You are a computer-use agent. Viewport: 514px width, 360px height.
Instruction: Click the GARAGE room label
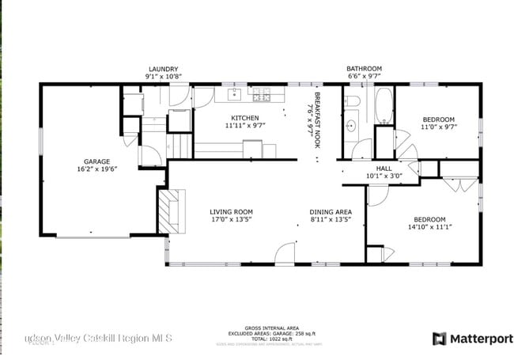[x=97, y=161]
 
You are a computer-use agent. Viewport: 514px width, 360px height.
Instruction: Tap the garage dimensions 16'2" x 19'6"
[x=97, y=169]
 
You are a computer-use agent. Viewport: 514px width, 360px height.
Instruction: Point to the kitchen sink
[x=235, y=96]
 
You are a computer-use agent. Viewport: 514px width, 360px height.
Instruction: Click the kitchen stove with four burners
[x=261, y=97]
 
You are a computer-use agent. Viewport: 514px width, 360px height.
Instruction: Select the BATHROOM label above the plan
[x=364, y=69]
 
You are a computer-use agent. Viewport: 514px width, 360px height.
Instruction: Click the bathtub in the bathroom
[x=383, y=107]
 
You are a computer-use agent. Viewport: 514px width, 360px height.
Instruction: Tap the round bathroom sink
[x=350, y=125]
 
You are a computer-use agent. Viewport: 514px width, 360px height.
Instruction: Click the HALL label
[x=384, y=169]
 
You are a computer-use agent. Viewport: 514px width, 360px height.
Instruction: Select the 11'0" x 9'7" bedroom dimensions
[x=438, y=127]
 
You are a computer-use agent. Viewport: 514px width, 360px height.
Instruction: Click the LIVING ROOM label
[x=231, y=211]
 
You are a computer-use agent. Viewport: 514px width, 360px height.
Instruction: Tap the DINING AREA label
[x=330, y=211]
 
